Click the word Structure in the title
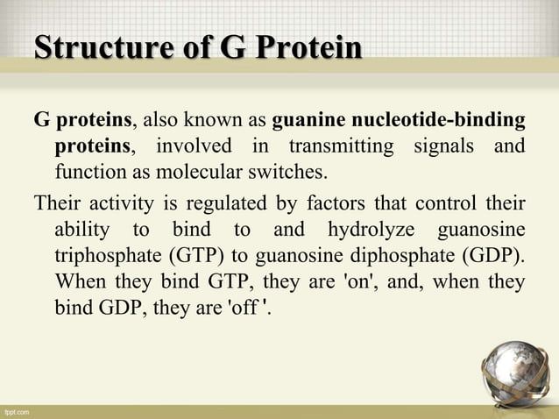click(x=90, y=48)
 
